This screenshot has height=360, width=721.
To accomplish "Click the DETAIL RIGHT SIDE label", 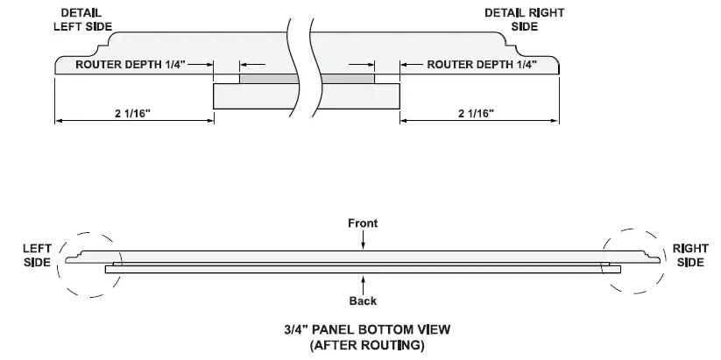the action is click(x=525, y=20).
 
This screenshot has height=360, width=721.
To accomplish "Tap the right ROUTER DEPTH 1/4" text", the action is click(x=482, y=65).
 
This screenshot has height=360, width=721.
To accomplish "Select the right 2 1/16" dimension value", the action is click(x=476, y=113).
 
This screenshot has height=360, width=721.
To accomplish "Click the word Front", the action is click(x=362, y=223).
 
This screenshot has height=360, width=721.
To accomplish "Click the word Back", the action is click(x=363, y=301).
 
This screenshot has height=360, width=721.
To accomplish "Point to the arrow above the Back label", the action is click(x=362, y=282).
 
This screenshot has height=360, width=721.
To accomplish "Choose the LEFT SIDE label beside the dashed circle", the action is click(x=37, y=256).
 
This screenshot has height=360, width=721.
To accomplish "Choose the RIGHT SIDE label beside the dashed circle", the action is click(x=690, y=256).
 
